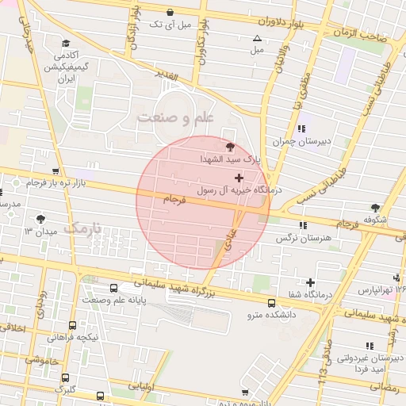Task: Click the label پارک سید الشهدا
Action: point(230,159)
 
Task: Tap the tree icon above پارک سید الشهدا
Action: point(230,147)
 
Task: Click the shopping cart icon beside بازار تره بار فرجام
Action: point(55,170)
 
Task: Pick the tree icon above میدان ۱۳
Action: point(41,219)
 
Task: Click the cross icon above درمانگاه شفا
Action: point(310,282)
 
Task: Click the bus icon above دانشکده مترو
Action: point(271,303)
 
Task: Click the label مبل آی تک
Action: point(173,25)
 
